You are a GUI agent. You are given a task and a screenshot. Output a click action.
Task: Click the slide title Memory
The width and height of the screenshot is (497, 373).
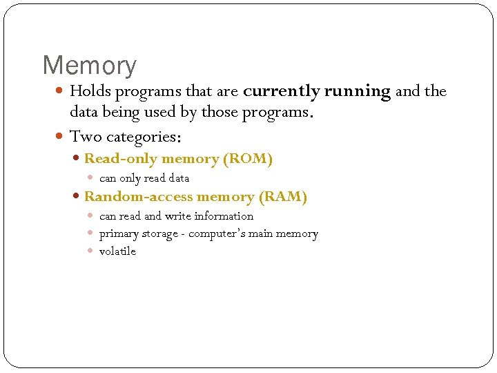click(x=90, y=66)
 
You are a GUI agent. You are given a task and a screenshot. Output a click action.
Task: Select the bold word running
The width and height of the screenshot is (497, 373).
click(x=358, y=91)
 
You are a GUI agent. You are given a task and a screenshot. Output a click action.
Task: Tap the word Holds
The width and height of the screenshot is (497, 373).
click(x=90, y=91)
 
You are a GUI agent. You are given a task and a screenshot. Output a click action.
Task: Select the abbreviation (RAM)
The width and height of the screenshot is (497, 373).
click(x=282, y=197)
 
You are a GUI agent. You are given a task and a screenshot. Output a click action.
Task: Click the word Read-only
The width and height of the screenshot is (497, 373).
click(x=120, y=159)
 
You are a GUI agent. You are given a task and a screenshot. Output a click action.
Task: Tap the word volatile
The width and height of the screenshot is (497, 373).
click(x=117, y=251)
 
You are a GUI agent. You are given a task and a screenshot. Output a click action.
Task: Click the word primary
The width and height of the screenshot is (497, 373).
click(x=119, y=234)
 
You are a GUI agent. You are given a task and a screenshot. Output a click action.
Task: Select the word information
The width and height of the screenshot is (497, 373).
click(x=224, y=216)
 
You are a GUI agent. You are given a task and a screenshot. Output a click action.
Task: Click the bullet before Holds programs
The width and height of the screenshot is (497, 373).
click(x=60, y=91)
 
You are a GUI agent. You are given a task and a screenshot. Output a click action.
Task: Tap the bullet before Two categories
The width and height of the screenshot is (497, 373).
click(x=60, y=137)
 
